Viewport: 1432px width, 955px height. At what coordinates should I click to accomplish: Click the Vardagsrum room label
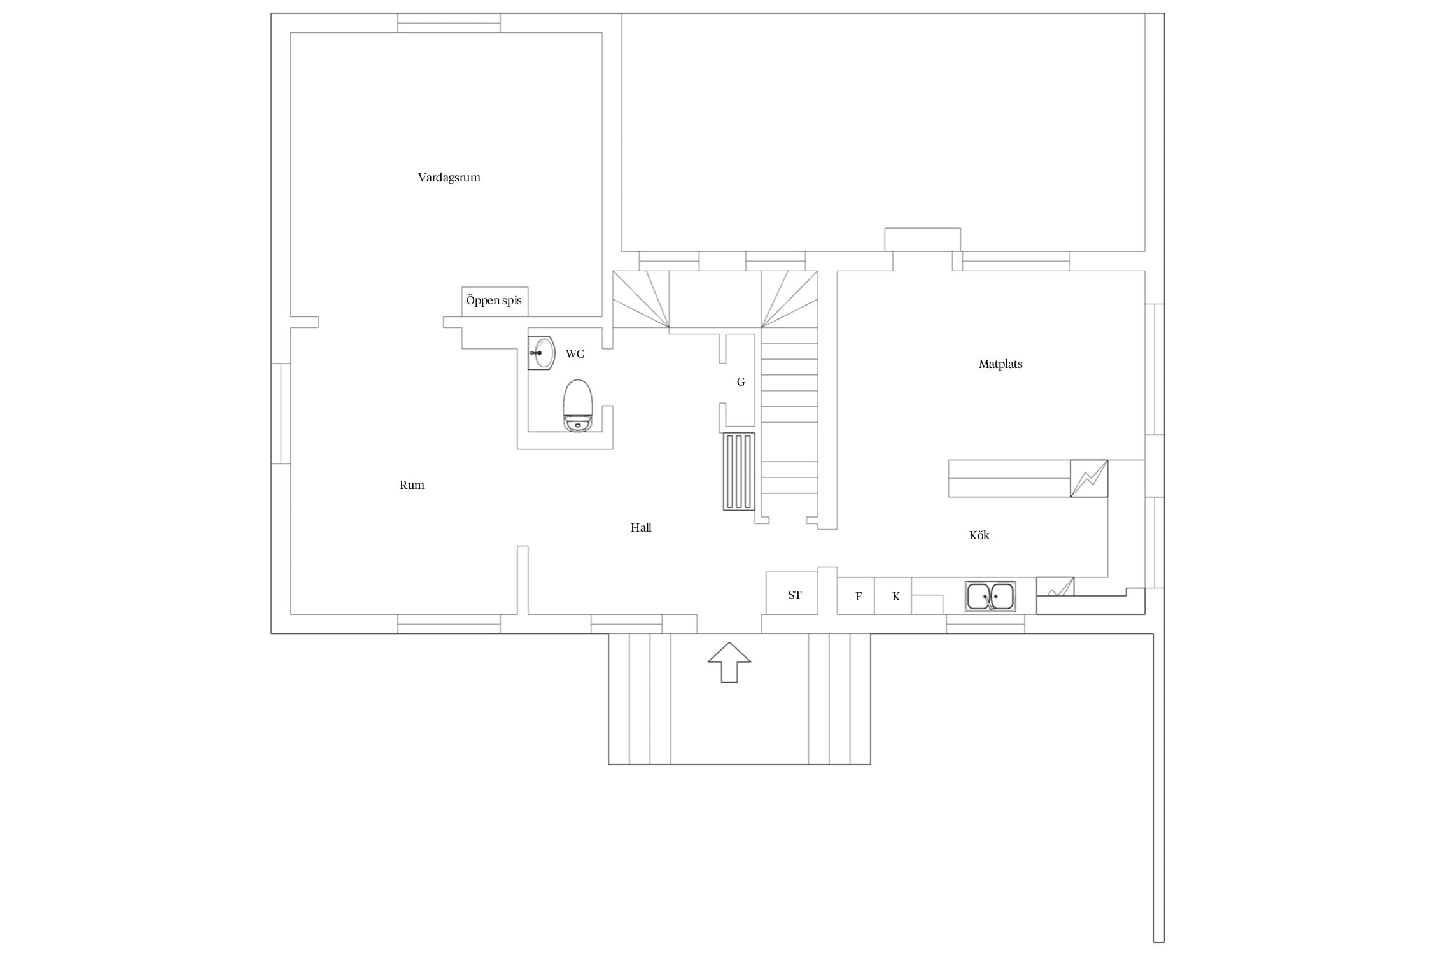(449, 178)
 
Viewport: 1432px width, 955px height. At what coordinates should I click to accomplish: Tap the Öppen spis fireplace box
(495, 301)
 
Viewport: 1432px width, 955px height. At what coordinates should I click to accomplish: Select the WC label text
(575, 354)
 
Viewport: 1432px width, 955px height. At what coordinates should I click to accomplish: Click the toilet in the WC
(578, 406)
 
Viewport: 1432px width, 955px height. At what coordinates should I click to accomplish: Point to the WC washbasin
(542, 353)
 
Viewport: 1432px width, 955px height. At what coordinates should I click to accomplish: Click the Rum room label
(412, 485)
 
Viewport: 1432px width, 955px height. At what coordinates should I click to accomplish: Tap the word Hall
(641, 528)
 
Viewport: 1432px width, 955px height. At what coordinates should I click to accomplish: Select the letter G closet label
(741, 382)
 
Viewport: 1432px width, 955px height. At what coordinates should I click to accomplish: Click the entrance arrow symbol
(729, 662)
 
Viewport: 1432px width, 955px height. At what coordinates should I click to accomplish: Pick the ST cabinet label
(795, 595)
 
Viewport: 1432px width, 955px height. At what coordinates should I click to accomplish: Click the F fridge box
(856, 596)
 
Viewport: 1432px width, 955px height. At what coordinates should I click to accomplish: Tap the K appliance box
(893, 596)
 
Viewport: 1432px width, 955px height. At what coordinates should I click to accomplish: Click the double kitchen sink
(990, 597)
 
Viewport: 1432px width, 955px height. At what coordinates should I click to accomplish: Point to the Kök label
(979, 535)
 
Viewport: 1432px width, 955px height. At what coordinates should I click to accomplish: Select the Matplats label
(1000, 364)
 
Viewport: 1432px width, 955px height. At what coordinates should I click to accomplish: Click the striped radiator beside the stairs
(739, 472)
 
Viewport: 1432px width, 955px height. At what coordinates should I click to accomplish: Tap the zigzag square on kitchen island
(1089, 478)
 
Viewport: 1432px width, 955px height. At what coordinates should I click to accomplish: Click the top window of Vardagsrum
(449, 23)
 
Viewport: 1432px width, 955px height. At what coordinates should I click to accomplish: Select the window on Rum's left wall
(281, 413)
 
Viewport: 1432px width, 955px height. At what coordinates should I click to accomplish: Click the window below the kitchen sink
(985, 624)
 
